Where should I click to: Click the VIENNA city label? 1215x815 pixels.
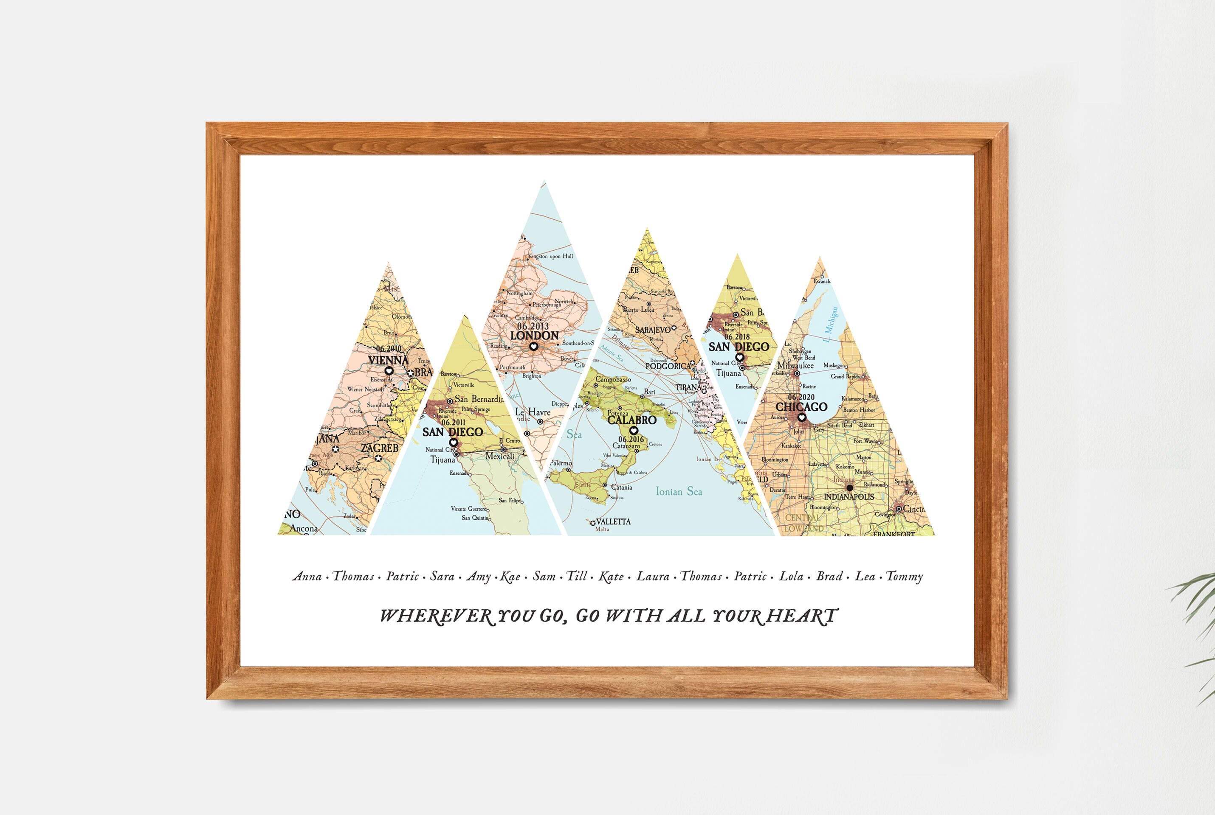[388, 360]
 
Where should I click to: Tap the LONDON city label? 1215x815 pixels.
[534, 336]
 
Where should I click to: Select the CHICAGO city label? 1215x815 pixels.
[801, 406]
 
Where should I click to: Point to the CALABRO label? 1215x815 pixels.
[631, 420]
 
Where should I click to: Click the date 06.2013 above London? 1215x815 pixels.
[533, 326]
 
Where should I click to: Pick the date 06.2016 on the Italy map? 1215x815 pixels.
[631, 439]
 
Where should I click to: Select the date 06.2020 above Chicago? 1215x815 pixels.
[801, 397]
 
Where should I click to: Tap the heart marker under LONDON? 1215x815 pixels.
[533, 346]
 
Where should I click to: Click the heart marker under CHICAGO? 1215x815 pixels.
[801, 417]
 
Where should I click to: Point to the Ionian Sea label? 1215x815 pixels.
[679, 491]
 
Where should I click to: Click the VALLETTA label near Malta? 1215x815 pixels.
[613, 521]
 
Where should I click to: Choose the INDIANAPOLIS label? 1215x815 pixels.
[849, 497]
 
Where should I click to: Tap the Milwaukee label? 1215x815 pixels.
[795, 365]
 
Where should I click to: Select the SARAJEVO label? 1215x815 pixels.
[653, 330]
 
